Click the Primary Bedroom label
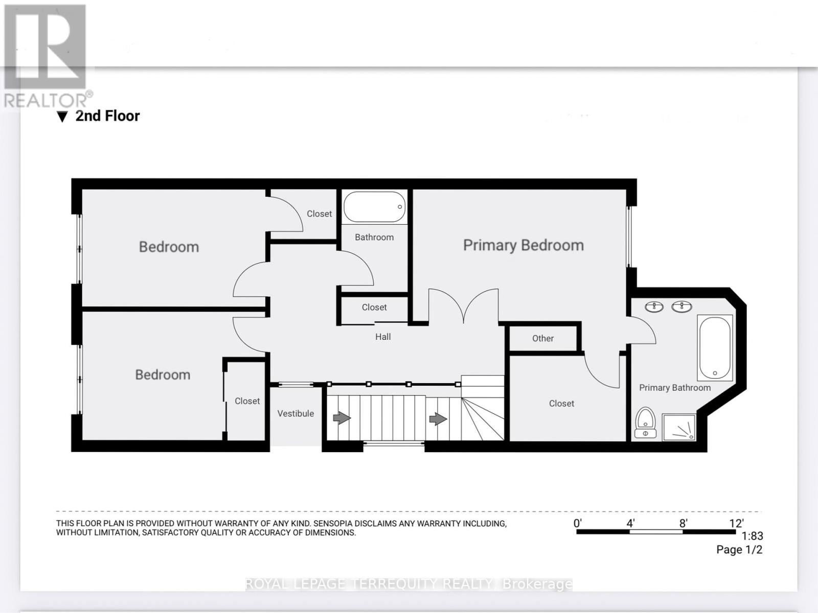(x=523, y=245)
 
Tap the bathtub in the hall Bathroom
(x=374, y=207)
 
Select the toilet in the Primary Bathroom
(x=646, y=423)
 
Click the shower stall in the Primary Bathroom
(x=679, y=427)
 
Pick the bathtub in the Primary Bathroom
(x=715, y=347)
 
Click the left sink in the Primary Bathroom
(x=654, y=306)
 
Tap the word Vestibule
(x=296, y=413)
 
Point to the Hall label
(x=383, y=337)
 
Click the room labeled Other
(x=542, y=338)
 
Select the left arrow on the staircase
(x=342, y=418)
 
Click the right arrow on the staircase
(x=438, y=419)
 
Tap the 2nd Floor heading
(x=107, y=116)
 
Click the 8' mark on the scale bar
(x=683, y=524)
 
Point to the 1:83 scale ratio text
(x=752, y=536)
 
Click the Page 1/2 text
(x=739, y=550)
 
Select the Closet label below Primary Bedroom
(x=561, y=403)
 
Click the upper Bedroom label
(x=169, y=247)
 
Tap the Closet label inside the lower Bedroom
(x=247, y=401)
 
